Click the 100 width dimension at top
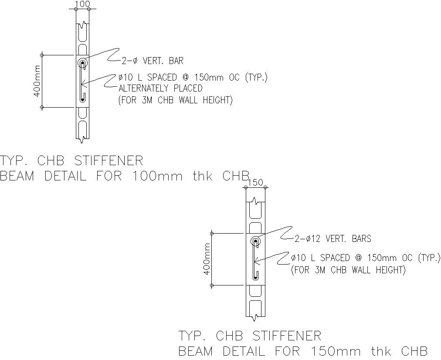82,4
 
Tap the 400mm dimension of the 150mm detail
207,259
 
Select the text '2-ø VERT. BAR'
152,61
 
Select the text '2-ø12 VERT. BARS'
332,238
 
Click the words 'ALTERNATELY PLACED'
160,88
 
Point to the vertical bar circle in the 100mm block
82,64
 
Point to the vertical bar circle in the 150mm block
255,241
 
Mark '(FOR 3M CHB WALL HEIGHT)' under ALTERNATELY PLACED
175,100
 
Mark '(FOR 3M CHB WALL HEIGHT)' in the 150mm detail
348,270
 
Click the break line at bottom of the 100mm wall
82,140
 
